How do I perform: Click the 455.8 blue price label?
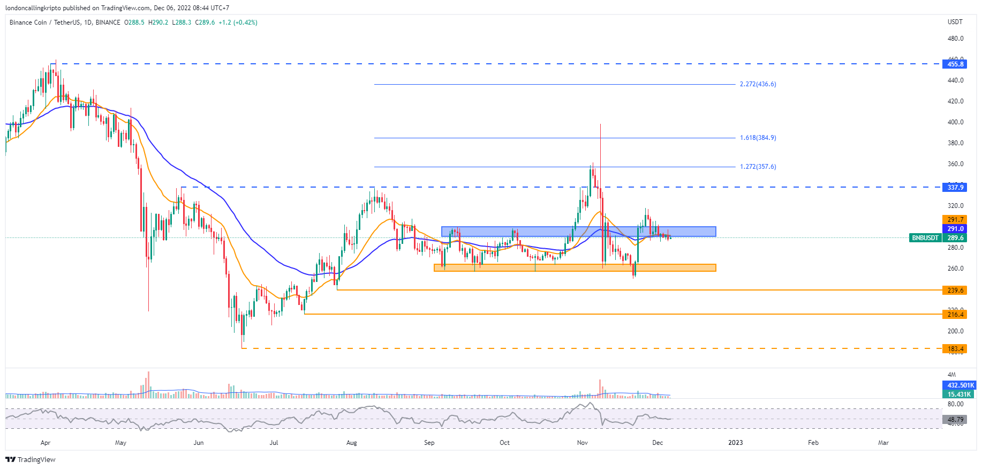[955, 64]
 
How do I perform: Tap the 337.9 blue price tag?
[955, 187]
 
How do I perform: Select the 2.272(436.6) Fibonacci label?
[758, 84]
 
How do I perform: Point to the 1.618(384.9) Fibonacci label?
[758, 138]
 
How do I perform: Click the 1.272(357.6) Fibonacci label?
[758, 167]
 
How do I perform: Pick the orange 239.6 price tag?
[955, 291]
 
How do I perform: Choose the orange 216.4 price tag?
[955, 314]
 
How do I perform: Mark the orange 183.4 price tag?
[955, 349]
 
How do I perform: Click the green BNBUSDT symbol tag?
[925, 238]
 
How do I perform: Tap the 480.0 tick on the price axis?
[955, 39]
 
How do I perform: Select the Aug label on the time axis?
[351, 443]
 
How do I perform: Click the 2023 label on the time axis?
[735, 443]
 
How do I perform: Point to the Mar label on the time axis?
[883, 443]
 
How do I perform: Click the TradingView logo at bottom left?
[31, 460]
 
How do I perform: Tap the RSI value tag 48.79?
[955, 420]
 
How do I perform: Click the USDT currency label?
[955, 22]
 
